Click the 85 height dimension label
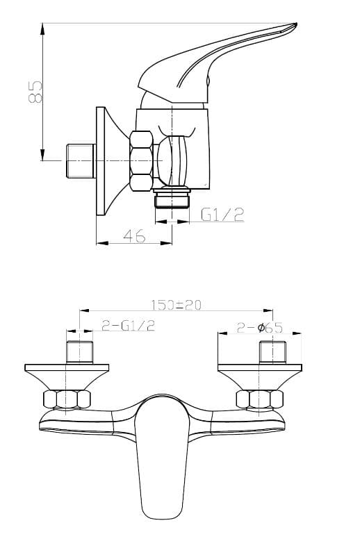(x=35, y=92)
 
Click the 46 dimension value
(x=135, y=236)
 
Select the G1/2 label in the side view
(x=222, y=215)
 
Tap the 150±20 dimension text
(x=176, y=305)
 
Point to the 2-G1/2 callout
(x=128, y=325)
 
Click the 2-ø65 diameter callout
(x=259, y=327)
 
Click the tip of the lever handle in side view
(x=295, y=25)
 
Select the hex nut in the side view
(x=142, y=161)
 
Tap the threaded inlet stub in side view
(x=81, y=161)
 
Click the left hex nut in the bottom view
(x=67, y=399)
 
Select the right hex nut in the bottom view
(x=260, y=399)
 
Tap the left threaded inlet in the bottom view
(x=80, y=352)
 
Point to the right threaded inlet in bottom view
(x=272, y=352)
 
